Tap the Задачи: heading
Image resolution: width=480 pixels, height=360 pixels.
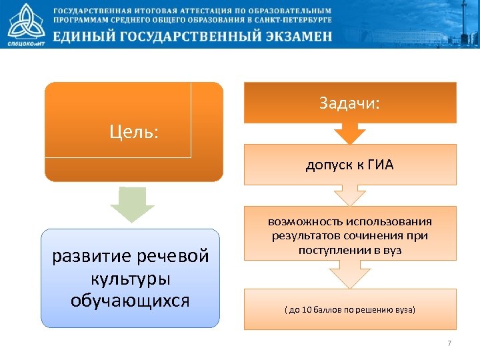(x=349, y=103)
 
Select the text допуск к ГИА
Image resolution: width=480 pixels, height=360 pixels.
(x=349, y=165)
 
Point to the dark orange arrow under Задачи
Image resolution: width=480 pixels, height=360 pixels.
(x=349, y=133)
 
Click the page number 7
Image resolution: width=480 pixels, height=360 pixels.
(x=449, y=343)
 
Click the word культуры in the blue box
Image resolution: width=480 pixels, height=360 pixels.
(x=131, y=278)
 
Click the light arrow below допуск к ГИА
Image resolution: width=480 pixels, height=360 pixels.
(x=349, y=195)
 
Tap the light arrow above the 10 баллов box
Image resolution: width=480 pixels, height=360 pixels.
(x=349, y=274)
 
